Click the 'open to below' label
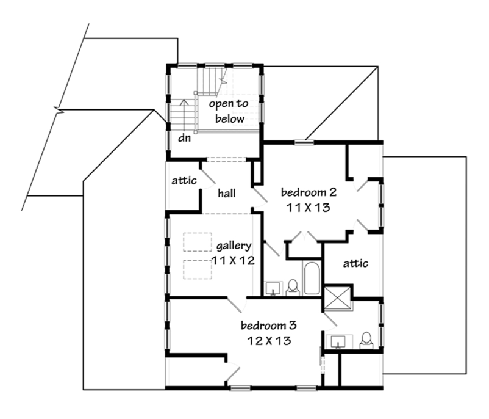[x=229, y=111]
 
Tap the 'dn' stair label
[x=184, y=137]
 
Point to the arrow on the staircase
[x=184, y=115]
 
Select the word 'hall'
[x=226, y=194]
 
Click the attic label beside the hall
[x=184, y=180]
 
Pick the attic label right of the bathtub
[x=355, y=263]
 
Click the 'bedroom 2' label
[x=309, y=192]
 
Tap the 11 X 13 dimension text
[x=308, y=208]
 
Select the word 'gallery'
[x=234, y=246]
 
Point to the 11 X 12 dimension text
[x=234, y=260]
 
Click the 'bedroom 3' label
[x=268, y=326]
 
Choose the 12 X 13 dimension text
[x=269, y=341]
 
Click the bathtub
[x=312, y=278]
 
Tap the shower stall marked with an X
[x=337, y=297]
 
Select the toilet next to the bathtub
[x=293, y=288]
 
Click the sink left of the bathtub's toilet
[x=274, y=288]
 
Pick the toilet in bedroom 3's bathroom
[x=366, y=341]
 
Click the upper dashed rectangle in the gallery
[x=198, y=242]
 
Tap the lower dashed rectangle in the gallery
[x=198, y=269]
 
